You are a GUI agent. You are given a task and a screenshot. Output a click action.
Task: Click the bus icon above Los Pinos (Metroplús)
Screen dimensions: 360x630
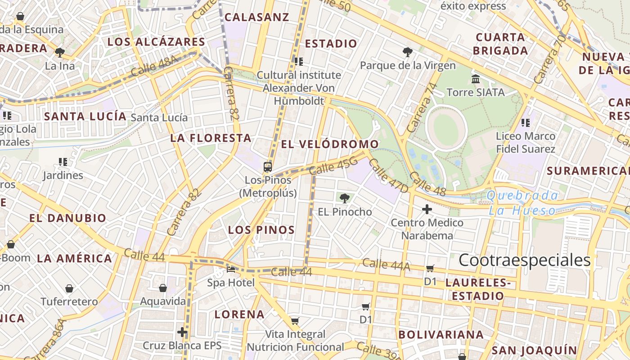pos(268,167)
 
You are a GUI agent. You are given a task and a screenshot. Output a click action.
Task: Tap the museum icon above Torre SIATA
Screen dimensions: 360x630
pos(476,79)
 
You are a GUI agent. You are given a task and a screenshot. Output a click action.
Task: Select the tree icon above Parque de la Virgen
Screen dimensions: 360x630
pos(408,52)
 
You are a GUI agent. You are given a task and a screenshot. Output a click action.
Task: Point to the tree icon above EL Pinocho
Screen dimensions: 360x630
pos(345,198)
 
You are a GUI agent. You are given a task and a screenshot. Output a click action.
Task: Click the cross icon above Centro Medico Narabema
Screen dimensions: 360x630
pos(427,209)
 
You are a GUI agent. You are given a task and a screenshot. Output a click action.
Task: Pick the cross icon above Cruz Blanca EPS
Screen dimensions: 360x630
pos(182,333)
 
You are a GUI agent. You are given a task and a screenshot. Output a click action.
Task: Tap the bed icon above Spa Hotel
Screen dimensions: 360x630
pos(231,270)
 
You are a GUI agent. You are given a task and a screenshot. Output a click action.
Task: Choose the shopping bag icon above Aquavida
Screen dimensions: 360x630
pos(163,288)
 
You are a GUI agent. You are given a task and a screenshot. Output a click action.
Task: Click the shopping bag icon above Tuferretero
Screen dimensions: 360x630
pos(69,288)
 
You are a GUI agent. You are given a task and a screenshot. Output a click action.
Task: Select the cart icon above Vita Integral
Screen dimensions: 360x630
pos(295,321)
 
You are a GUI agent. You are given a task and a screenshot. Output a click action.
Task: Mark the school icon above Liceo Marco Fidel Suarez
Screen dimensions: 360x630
pos(526,122)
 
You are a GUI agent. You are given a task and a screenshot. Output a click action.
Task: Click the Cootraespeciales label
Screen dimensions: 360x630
pos(524,261)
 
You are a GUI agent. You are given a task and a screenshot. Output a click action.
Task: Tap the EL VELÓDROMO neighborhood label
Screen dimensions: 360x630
pos(330,144)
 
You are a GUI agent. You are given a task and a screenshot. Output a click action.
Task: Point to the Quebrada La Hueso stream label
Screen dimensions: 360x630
pos(522,203)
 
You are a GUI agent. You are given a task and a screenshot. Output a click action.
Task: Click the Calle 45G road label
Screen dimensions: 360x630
pos(333,166)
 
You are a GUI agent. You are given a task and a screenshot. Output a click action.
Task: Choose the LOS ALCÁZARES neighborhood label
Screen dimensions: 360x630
pos(156,42)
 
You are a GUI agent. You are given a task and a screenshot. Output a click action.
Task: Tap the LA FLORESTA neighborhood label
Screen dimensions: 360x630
pos(211,138)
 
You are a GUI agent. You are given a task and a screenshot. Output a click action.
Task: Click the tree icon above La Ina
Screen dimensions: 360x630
pos(60,53)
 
